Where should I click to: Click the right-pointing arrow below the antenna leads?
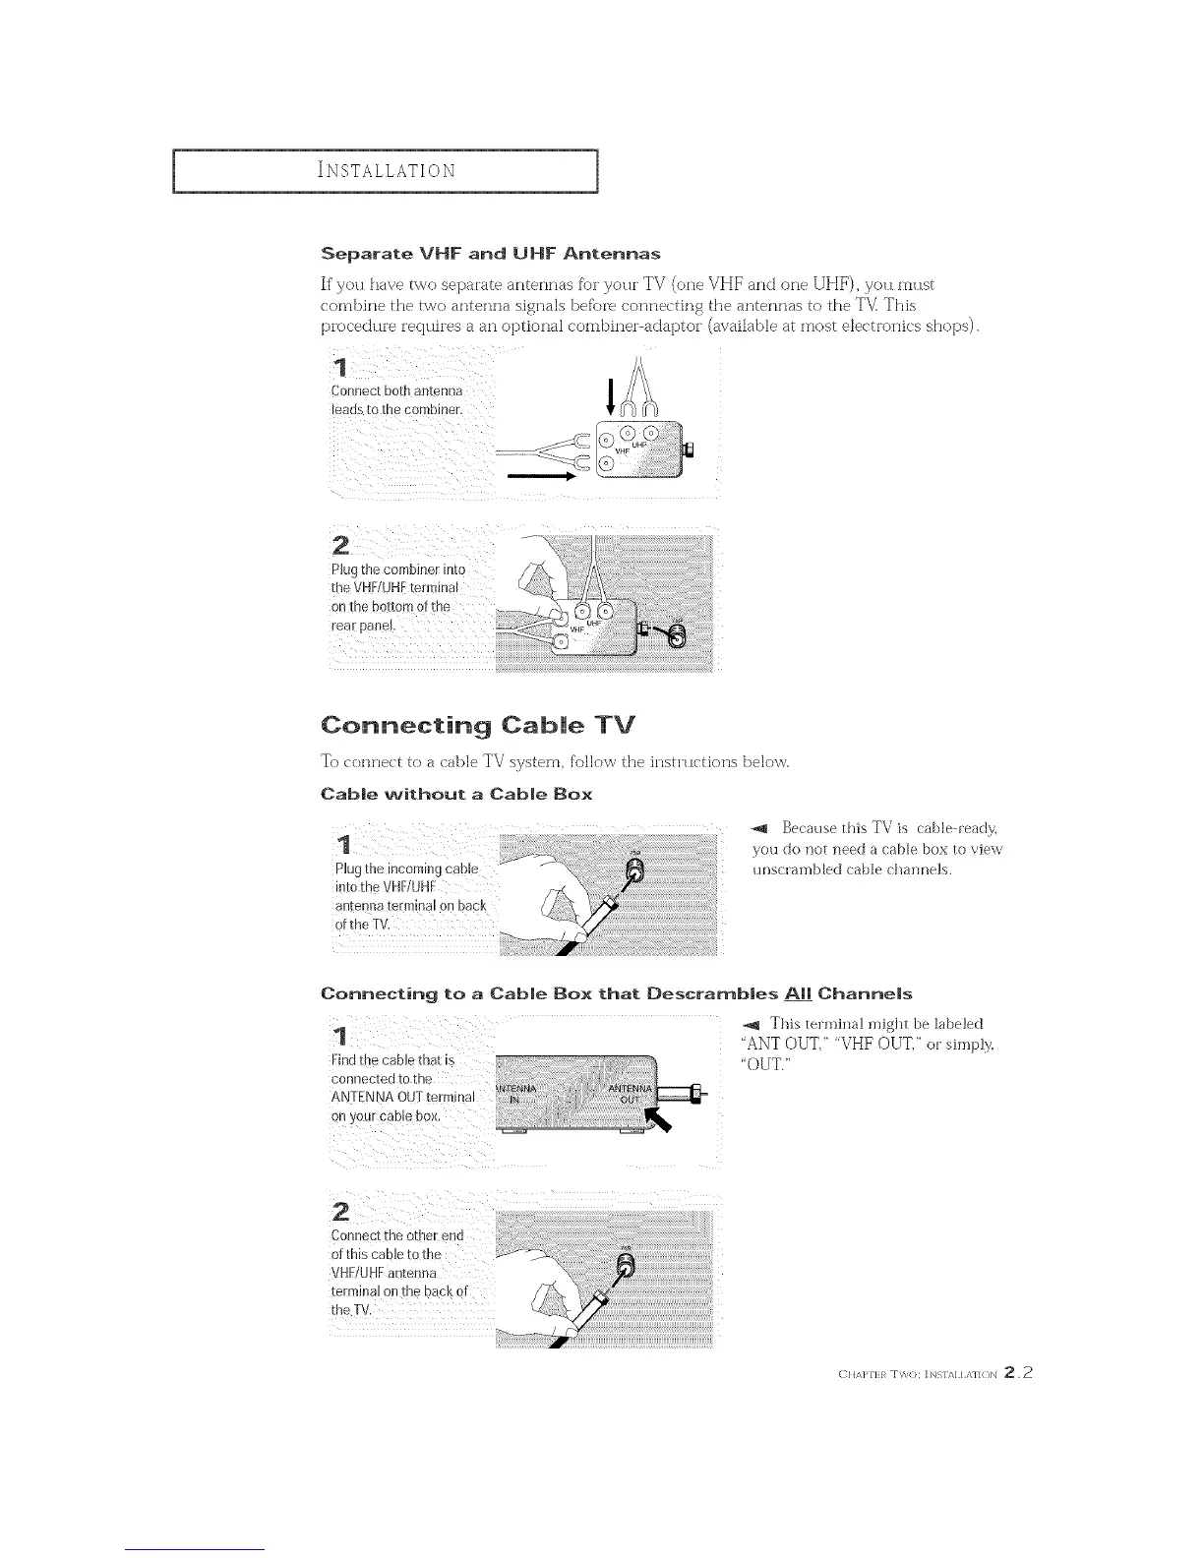pos(540,476)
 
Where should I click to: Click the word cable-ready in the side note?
pos(943,831)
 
